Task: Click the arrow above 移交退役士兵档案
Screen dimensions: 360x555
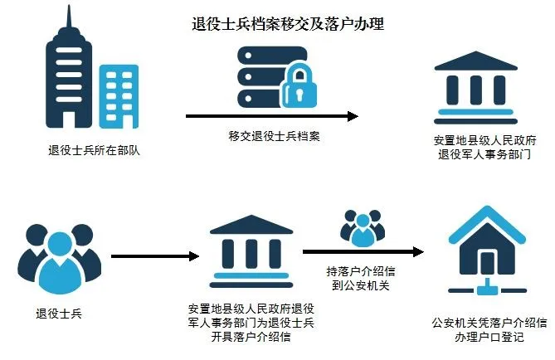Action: point(271,117)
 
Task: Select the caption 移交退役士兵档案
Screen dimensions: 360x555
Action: point(274,136)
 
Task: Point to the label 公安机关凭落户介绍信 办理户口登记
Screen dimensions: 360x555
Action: point(489,328)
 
